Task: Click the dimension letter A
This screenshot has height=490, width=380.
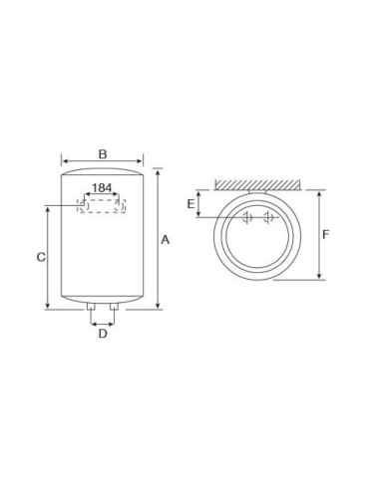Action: pos(166,240)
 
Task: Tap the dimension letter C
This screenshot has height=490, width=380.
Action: pos(41,257)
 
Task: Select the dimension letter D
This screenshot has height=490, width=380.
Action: pos(102,334)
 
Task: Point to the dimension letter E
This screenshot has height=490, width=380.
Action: pos(190,203)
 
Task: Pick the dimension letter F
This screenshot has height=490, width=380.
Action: pos(326,235)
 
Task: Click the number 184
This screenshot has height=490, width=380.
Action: pos(102,187)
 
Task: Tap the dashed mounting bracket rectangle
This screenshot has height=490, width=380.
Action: pos(102,206)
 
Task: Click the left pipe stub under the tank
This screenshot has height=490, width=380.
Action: pos(92,313)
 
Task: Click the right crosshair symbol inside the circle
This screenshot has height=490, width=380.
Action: pos(268,219)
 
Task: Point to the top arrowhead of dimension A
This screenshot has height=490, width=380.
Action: pos(157,170)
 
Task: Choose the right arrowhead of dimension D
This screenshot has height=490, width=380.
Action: pos(116,323)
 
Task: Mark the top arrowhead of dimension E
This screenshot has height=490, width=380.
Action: pos(200,193)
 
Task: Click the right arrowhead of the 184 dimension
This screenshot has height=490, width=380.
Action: pos(122,196)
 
